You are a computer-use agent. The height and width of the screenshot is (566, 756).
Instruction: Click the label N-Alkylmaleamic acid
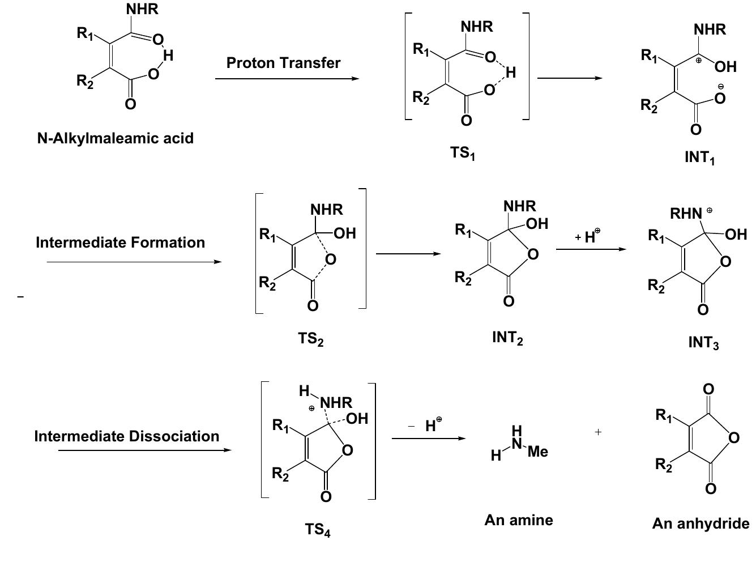(x=115, y=138)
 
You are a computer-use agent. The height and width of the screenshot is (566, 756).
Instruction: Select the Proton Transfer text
(x=283, y=63)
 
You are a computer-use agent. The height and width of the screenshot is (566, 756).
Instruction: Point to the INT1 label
(x=699, y=158)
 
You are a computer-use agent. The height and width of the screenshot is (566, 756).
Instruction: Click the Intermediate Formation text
(x=120, y=242)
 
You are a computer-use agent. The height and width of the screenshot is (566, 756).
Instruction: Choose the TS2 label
(x=310, y=339)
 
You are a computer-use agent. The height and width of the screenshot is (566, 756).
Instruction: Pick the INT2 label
(x=507, y=338)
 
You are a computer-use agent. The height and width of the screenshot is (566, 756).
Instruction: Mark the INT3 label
(x=703, y=343)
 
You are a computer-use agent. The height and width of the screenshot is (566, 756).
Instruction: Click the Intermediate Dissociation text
(x=127, y=436)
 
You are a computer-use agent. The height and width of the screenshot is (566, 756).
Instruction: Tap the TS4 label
(x=317, y=530)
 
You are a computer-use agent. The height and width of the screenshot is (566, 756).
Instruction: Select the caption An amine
(x=518, y=520)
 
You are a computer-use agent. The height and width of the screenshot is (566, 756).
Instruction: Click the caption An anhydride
(x=701, y=524)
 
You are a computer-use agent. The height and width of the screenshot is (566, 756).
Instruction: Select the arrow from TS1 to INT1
(x=569, y=78)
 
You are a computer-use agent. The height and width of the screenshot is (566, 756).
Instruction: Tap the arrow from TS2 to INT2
(x=408, y=254)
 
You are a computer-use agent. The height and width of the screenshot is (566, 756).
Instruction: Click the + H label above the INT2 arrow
(x=588, y=236)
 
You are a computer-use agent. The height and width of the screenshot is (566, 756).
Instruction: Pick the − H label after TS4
(x=426, y=425)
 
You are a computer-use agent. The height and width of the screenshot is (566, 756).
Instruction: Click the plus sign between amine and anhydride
(x=598, y=432)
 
